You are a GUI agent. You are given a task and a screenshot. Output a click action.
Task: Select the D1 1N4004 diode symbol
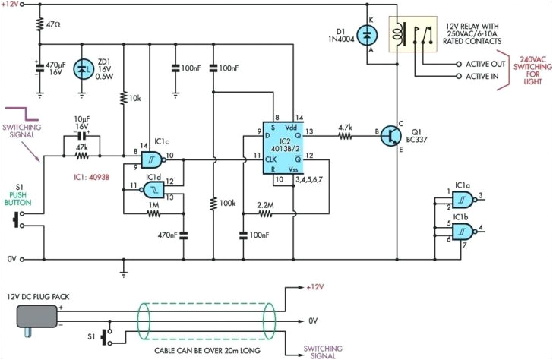pos(368,34)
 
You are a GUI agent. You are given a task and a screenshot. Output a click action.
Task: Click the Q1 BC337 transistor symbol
pos(392,135)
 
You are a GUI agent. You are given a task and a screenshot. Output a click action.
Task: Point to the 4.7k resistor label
pos(343,127)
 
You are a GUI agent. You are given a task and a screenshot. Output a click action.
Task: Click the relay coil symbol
pos(397,35)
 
